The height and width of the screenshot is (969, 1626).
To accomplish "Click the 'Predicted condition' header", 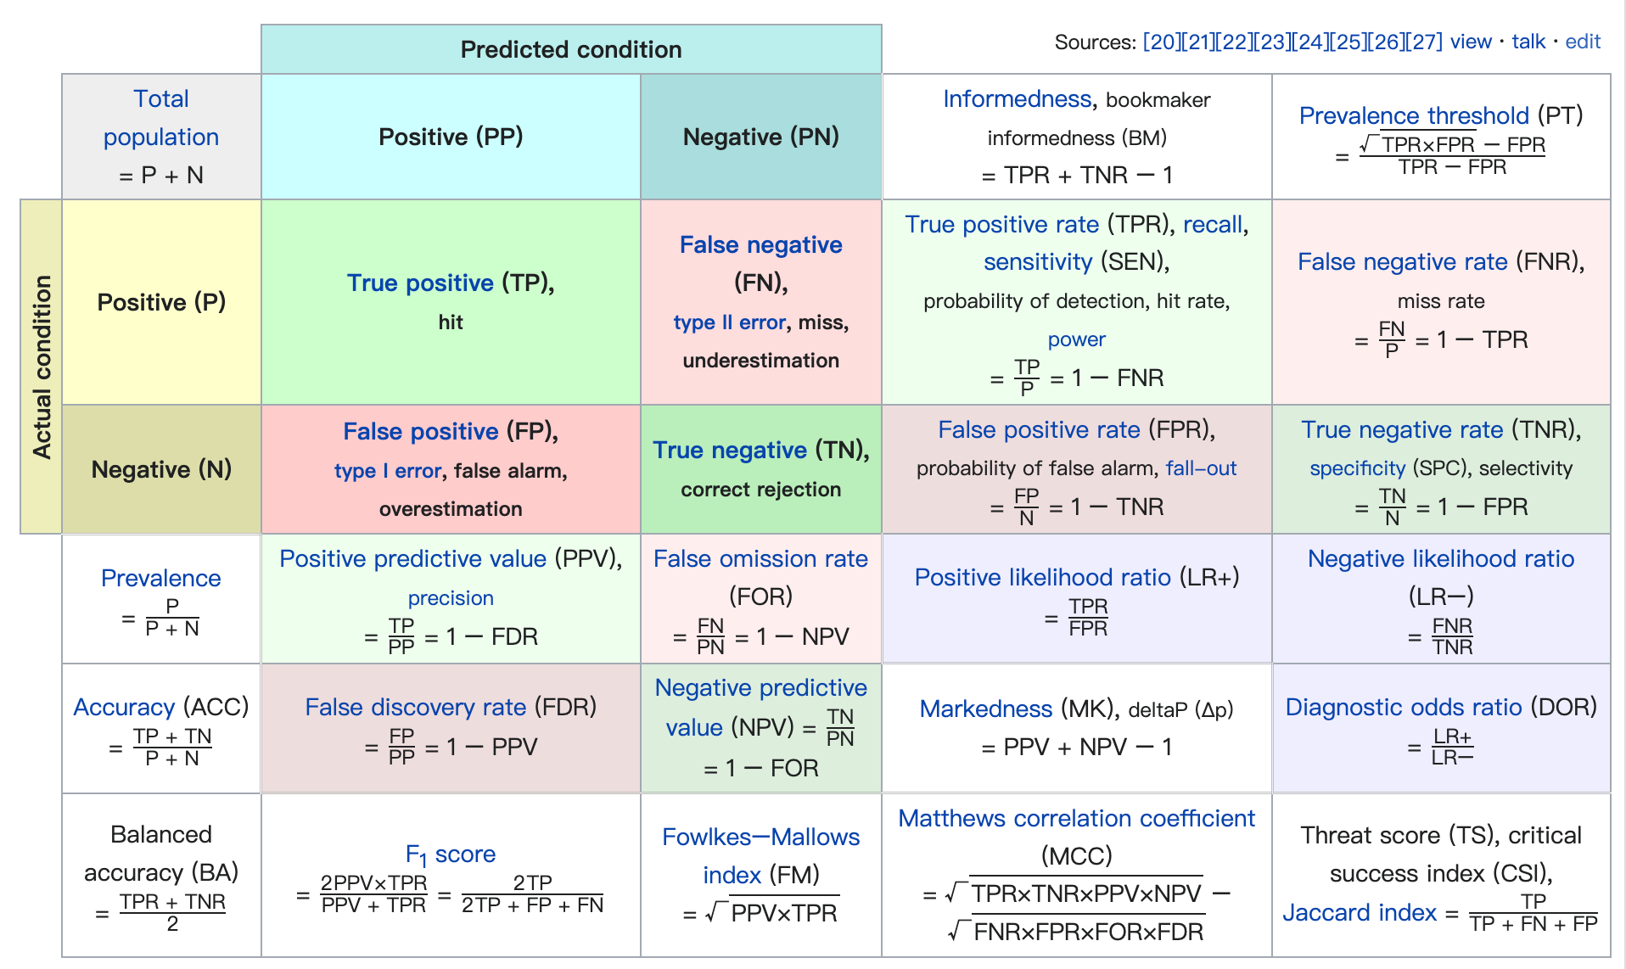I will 571,49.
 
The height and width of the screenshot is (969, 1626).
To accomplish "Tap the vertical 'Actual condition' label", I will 42,367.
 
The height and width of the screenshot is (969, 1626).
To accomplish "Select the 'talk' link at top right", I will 1528,42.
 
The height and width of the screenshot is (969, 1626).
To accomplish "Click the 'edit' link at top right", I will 1583,42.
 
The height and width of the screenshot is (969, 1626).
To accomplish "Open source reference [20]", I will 1160,42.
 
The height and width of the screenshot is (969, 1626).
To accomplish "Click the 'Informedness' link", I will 1017,99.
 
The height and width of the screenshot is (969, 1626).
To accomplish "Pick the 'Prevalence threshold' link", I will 1414,115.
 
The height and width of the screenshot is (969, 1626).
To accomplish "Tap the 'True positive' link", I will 420,283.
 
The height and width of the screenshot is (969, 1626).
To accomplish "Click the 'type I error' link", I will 388,471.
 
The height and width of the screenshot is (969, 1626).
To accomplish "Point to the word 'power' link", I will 1076,339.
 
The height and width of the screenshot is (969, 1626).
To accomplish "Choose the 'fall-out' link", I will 1201,468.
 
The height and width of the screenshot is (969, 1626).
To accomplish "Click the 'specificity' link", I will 1357,468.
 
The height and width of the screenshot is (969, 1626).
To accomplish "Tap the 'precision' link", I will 451,598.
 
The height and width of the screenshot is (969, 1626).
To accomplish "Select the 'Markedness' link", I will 985,709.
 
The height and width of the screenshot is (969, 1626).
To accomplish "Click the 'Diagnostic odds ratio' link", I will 1404,707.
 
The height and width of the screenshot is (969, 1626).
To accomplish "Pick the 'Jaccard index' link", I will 1359,912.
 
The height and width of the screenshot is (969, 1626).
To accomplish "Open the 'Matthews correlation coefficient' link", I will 1076,818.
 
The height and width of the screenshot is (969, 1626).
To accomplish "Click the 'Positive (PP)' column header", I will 451,137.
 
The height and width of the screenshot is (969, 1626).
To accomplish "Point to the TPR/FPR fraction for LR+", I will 1088,618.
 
